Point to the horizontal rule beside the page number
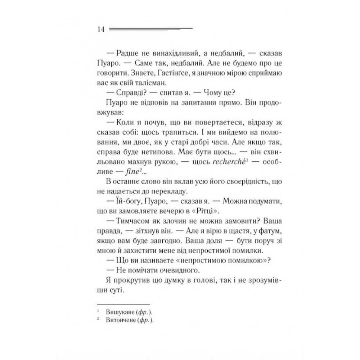[150, 29]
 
